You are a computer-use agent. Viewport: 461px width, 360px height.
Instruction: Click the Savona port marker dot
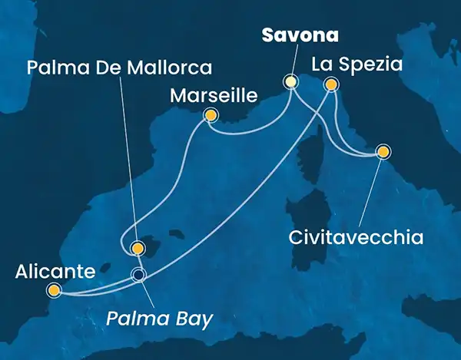tap(290, 81)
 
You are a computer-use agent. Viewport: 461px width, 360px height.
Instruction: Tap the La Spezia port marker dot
tap(331, 84)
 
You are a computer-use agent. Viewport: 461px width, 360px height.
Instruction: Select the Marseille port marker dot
tap(209, 116)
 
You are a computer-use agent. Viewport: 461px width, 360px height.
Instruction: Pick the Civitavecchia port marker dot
tap(382, 151)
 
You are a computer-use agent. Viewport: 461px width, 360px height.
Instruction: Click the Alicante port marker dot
tap(54, 289)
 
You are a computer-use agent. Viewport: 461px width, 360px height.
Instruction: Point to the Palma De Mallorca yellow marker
tap(138, 248)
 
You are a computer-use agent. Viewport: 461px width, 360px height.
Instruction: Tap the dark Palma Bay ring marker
tap(138, 275)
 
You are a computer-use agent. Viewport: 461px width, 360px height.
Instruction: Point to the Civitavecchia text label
tap(355, 236)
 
